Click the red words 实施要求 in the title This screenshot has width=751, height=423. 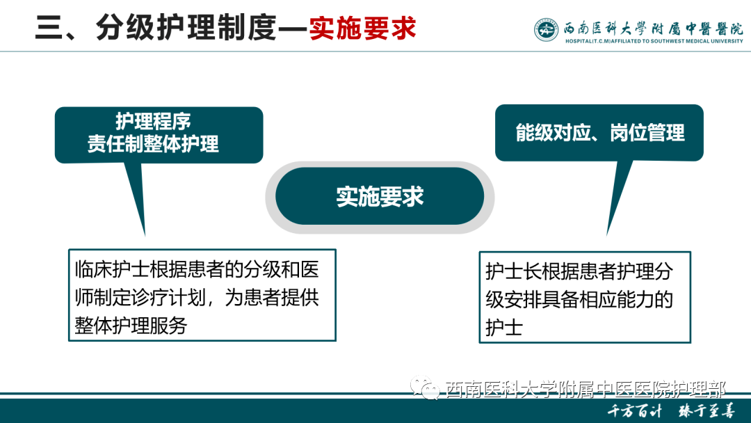pos(362,29)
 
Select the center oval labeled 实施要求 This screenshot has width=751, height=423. pos(380,197)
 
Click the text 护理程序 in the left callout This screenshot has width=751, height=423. pos(153,122)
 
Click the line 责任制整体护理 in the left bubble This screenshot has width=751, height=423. pos(153,144)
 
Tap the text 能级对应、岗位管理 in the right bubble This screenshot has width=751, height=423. pos(599,132)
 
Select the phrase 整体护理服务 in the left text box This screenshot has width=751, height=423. pos(131,325)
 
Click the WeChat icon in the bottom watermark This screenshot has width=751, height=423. pos(424,389)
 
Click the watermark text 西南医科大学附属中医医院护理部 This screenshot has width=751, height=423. pos(585,390)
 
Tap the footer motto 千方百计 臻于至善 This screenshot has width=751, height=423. pos(671,410)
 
